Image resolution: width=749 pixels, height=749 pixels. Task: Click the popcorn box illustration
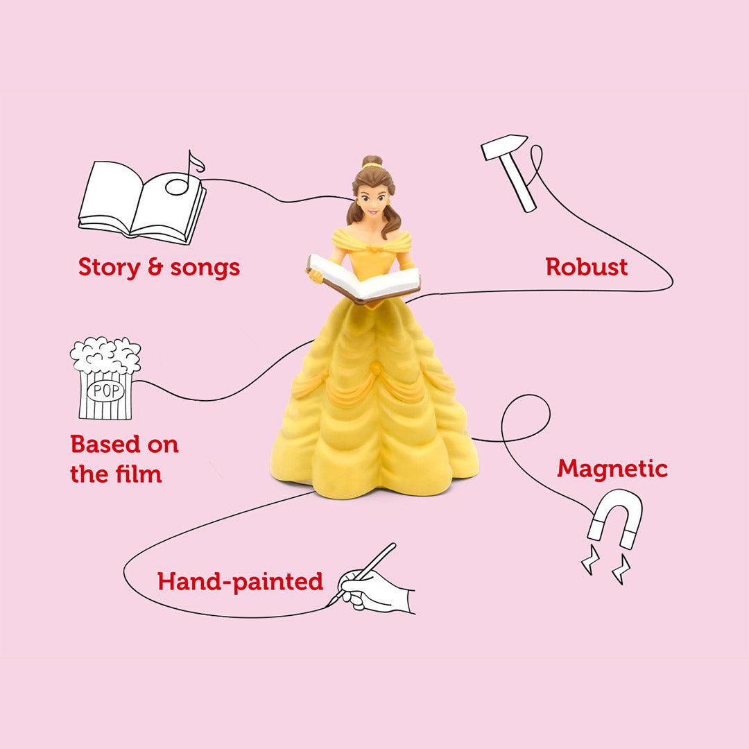click(105, 378)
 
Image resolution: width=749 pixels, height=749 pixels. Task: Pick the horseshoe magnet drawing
click(614, 520)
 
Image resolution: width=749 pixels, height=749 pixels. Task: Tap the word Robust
click(587, 267)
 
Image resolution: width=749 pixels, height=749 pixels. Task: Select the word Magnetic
click(612, 469)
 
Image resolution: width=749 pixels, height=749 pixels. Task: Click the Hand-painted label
click(240, 581)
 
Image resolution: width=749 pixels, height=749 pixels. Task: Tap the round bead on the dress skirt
click(376, 368)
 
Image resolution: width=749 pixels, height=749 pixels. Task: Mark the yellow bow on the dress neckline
click(375, 247)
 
